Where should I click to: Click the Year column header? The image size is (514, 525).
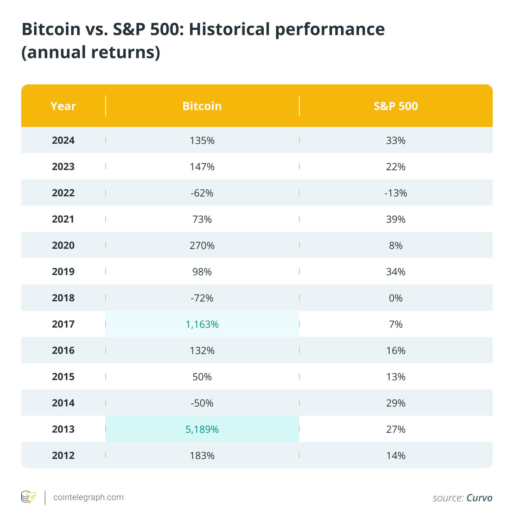tap(63, 106)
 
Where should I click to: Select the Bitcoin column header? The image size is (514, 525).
tap(202, 106)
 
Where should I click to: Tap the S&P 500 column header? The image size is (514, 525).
tap(396, 106)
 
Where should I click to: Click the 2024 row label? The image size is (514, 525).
tap(63, 140)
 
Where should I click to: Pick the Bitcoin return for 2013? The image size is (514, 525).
tap(202, 429)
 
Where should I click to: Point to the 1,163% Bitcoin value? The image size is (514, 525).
tap(202, 324)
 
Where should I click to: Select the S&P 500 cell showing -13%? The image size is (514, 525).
tap(396, 193)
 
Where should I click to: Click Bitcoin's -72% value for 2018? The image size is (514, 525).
tap(202, 298)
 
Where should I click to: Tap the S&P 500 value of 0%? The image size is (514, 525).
tap(396, 298)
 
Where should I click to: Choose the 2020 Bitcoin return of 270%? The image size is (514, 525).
tap(202, 245)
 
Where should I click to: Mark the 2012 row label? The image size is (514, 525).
tap(63, 456)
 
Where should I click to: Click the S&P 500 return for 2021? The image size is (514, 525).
tap(396, 219)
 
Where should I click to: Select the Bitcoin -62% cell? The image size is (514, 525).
tap(202, 193)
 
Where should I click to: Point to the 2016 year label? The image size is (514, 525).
tap(63, 351)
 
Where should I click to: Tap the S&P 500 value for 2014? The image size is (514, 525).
tap(396, 403)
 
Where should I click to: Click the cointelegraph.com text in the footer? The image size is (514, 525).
tap(88, 497)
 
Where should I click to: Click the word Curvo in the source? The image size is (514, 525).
tap(479, 498)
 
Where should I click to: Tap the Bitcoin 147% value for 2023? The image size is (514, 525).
tap(202, 167)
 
